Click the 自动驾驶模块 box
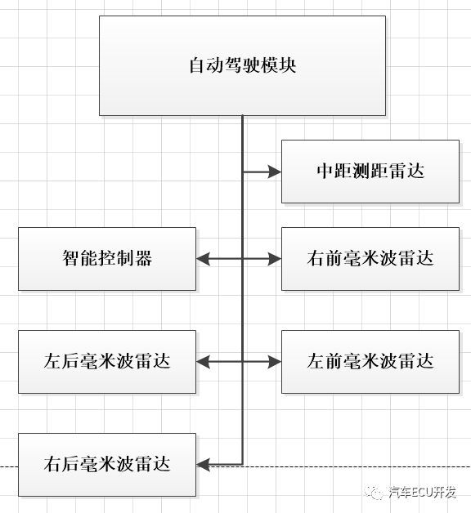243,65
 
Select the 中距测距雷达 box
370,172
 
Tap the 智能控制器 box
107,259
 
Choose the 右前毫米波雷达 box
370,259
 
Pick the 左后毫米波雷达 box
107,361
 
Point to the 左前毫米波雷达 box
370,361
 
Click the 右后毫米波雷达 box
107,464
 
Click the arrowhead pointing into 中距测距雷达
275,172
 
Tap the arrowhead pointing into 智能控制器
204,259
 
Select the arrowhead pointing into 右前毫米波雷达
275,259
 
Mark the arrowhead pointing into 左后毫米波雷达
204,361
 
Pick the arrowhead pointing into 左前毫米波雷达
275,361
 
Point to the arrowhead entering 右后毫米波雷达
204,464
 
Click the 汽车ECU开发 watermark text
423,492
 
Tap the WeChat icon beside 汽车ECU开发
375,492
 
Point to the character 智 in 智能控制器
71,259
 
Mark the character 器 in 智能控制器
144,259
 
